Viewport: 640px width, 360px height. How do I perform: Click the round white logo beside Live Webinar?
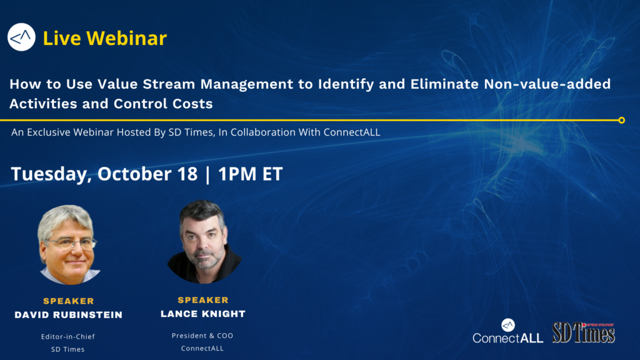pyautogui.click(x=21, y=37)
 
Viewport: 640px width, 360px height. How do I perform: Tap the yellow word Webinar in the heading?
pyautogui.click(x=126, y=38)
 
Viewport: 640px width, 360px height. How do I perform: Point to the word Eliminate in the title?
pyautogui.click(x=444, y=84)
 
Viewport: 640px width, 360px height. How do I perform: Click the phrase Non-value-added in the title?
pyautogui.click(x=547, y=84)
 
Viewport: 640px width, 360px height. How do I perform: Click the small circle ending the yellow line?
pyautogui.click(x=622, y=121)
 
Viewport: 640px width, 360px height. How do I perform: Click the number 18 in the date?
pyautogui.click(x=187, y=174)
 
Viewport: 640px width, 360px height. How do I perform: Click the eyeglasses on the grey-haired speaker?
pyautogui.click(x=72, y=244)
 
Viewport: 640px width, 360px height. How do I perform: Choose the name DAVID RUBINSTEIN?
pyautogui.click(x=69, y=315)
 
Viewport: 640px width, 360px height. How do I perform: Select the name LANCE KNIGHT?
pyautogui.click(x=203, y=314)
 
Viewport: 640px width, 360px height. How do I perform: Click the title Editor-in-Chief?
pyautogui.click(x=67, y=337)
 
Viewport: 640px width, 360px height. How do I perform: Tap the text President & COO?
pyautogui.click(x=202, y=336)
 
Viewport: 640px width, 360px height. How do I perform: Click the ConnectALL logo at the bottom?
pyautogui.click(x=507, y=331)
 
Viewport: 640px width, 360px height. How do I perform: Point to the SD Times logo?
pyautogui.click(x=584, y=332)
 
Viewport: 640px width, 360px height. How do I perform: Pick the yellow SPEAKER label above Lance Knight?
pyautogui.click(x=203, y=300)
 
